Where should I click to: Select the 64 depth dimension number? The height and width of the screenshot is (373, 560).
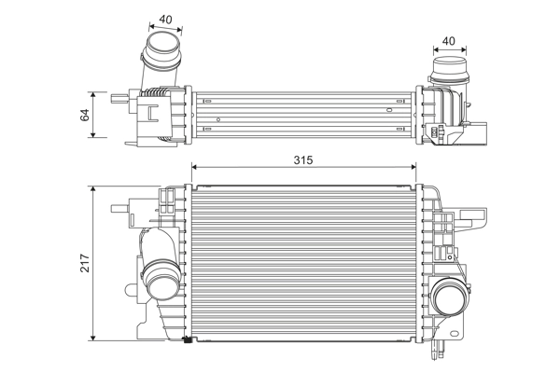coord(84,115)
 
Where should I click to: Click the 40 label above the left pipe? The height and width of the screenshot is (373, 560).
coord(166,19)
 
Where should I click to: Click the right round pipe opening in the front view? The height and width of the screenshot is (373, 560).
coord(450,301)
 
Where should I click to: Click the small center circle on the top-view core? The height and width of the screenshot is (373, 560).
coord(218,119)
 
